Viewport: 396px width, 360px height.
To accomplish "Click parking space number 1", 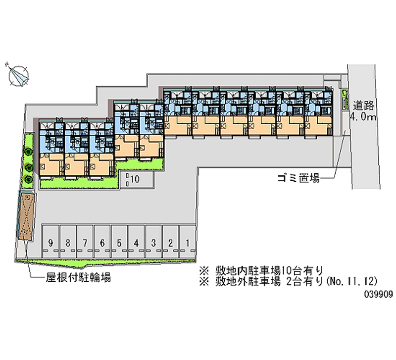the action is [188, 242].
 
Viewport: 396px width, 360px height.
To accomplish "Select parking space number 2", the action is [171, 242].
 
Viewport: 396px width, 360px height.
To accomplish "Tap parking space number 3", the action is [153, 242].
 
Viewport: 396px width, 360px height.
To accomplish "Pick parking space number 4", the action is [137, 242].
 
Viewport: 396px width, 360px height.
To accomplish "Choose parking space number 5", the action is [119, 242].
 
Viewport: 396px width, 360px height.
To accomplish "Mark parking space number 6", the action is [102, 242].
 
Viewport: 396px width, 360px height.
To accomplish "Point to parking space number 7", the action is [85, 242].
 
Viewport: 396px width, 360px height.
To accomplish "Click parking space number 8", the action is [68, 242].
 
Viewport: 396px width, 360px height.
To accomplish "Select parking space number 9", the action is [50, 242].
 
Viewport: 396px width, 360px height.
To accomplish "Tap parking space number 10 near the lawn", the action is [137, 180].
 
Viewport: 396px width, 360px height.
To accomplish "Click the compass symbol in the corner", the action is [18, 75].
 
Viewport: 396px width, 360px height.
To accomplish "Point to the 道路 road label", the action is [363, 105].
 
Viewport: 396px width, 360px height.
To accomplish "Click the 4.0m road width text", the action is [363, 117].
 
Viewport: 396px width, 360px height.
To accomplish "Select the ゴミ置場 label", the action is [298, 178].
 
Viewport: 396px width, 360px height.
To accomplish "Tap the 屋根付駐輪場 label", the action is [78, 278].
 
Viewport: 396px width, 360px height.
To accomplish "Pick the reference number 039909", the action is [378, 294].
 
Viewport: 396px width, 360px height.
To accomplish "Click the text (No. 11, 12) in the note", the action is [351, 281].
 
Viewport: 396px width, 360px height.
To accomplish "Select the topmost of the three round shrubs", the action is [28, 152].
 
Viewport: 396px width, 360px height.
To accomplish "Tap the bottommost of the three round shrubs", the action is [28, 179].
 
